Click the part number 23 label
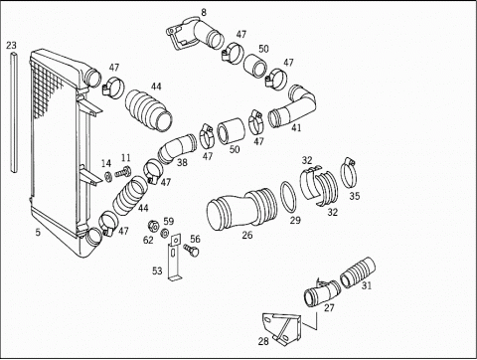click(11, 45)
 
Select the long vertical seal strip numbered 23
click(13, 112)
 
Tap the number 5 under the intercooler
click(38, 233)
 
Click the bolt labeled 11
click(123, 172)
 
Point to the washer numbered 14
click(108, 177)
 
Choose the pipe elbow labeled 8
click(196, 34)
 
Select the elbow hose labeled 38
click(176, 148)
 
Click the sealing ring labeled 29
click(288, 197)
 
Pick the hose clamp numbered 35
click(349, 174)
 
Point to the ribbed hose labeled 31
click(358, 272)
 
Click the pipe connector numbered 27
click(322, 291)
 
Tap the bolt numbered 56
click(192, 251)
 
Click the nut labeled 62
click(152, 226)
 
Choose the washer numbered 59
click(164, 233)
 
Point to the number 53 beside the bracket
click(157, 271)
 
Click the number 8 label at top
click(204, 13)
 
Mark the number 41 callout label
click(296, 127)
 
